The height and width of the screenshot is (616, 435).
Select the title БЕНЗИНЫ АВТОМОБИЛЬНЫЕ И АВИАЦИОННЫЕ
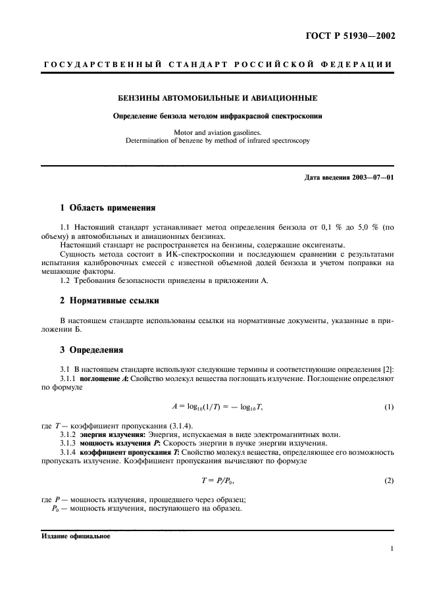click(217, 99)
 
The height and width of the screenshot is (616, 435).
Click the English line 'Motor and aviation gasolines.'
click(217, 132)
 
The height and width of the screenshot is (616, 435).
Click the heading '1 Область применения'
click(107, 208)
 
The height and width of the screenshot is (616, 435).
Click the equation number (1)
click(389, 407)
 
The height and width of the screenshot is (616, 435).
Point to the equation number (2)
click(389, 480)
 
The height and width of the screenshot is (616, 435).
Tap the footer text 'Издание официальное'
click(76, 536)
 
